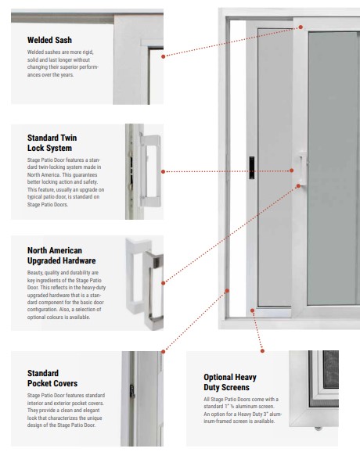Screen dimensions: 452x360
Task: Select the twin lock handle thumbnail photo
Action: pyautogui.click(x=142, y=170)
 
